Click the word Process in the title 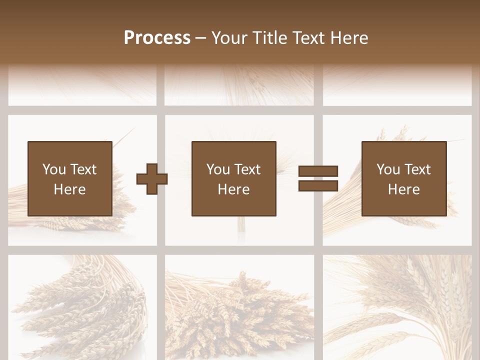point(157,37)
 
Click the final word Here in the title point(348,37)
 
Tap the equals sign point(318,178)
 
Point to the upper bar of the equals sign point(318,171)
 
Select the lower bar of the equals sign point(318,185)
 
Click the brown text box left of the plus point(69,178)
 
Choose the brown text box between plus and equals point(233,178)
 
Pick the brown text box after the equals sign point(403,178)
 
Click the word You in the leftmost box point(54,169)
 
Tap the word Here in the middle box point(233,189)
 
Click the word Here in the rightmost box point(403,189)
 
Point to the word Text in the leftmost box point(83,169)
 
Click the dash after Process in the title point(201,37)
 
